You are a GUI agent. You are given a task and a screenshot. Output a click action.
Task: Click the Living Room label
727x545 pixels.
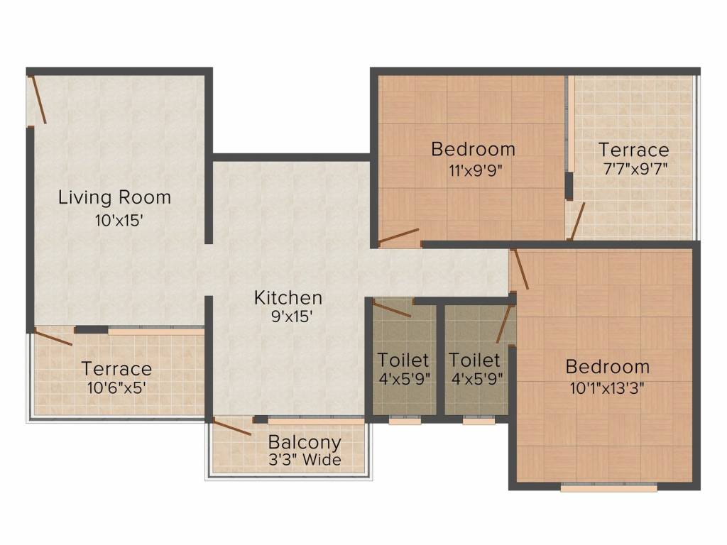pos(114,197)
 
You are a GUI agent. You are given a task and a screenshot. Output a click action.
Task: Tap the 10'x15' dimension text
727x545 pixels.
pos(119,221)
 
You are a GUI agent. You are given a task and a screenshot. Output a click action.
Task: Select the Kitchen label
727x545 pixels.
pos(288,297)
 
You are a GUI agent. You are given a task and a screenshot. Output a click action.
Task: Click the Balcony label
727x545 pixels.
pos(305,443)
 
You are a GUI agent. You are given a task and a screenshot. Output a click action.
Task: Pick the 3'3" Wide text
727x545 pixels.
pos(305,460)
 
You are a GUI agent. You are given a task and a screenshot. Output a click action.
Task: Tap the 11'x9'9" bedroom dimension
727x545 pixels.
pos(476,171)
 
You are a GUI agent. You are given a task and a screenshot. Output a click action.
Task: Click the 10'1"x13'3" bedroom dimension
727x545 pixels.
pos(607,387)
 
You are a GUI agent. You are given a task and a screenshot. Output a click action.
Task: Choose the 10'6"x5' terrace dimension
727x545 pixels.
pos(117,387)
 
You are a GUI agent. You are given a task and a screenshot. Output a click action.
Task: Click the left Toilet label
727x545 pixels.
pos(403,360)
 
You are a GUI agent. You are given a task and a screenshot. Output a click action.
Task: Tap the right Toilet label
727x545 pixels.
pos(474,360)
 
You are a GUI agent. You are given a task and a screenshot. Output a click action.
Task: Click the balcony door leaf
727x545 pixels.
pos(232,426)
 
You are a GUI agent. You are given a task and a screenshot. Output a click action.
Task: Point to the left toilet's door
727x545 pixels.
pos(392,309)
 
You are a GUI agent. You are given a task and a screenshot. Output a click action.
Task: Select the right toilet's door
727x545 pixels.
pos(504,323)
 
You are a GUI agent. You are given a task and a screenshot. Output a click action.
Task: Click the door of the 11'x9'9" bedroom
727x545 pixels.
pos(399,236)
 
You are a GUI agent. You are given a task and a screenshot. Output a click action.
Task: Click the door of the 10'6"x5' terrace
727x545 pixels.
pos(53,336)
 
